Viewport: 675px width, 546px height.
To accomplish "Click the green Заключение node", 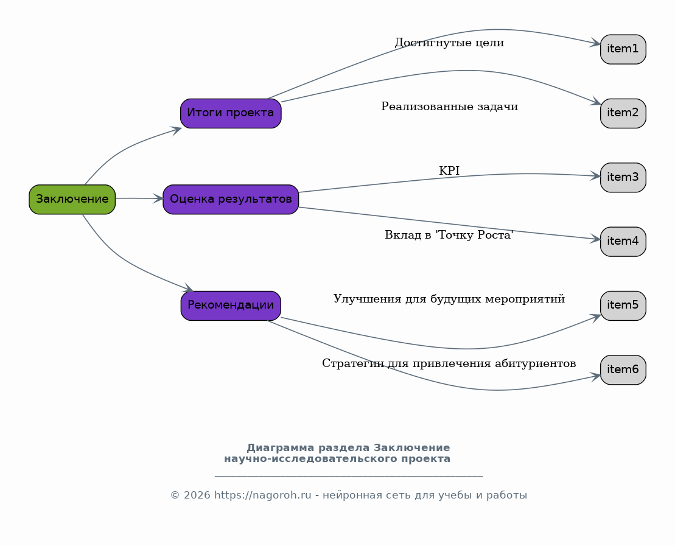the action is (72, 200).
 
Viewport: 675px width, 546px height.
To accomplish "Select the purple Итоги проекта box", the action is (231, 113).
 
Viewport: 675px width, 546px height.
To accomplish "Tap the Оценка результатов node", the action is (231, 200).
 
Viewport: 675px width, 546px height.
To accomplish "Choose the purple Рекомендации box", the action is (231, 306).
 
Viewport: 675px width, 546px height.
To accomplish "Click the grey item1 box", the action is (623, 49).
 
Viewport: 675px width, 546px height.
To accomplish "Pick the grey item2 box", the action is (623, 113).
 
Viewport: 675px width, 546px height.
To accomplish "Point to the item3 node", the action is (623, 177).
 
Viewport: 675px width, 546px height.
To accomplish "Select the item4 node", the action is (623, 242).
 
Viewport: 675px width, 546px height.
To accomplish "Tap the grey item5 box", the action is (623, 306).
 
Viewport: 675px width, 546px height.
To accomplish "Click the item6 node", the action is (623, 370).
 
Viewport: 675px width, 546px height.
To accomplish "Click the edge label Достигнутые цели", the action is (449, 43).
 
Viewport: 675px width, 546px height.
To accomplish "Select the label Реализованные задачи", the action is (449, 107).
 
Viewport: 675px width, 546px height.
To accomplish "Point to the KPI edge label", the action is (449, 171).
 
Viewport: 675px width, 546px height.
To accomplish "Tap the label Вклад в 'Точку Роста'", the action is (449, 235).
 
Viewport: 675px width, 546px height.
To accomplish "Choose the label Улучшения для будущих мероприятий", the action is (449, 299).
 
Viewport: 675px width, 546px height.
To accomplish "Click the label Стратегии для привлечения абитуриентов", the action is (449, 363).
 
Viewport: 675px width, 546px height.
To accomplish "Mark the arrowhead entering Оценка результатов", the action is (158, 198).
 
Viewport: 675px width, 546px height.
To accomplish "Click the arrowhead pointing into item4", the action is (595, 239).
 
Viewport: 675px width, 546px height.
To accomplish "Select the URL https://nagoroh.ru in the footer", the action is (262, 495).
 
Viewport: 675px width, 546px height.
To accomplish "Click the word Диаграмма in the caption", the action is (280, 448).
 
